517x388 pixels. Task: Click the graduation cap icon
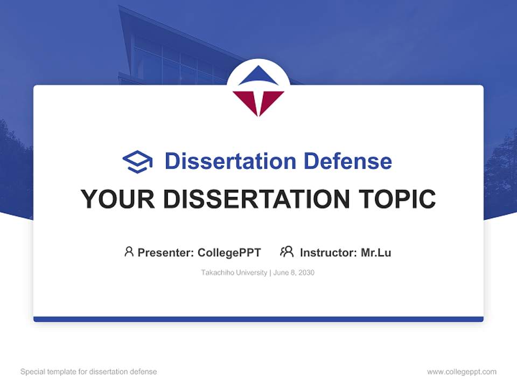pyautogui.click(x=137, y=161)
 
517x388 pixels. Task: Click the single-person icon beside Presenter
pyautogui.click(x=129, y=252)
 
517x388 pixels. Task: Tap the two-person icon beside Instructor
pyautogui.click(x=287, y=252)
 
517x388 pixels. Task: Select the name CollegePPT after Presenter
pyautogui.click(x=229, y=252)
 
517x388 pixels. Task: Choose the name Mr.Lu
pyautogui.click(x=376, y=252)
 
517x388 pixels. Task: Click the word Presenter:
pyautogui.click(x=166, y=252)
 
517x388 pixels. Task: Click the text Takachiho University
pyautogui.click(x=234, y=273)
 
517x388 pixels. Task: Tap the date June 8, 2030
pyautogui.click(x=294, y=273)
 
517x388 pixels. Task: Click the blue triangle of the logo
pyautogui.click(x=258, y=77)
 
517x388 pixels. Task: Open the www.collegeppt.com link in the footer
pyautogui.click(x=462, y=372)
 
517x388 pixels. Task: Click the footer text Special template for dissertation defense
pyautogui.click(x=89, y=372)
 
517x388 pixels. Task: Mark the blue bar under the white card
pyautogui.click(x=258, y=319)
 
